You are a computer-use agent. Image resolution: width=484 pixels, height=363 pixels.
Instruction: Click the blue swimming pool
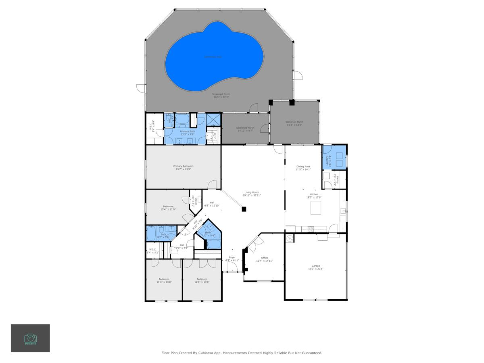pos(214,56)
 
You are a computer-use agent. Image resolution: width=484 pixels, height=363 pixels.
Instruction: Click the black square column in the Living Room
pos(244,209)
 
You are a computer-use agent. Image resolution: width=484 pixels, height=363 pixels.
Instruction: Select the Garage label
pos(315,266)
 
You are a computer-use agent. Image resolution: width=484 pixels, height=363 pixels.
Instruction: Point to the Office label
pos(265,258)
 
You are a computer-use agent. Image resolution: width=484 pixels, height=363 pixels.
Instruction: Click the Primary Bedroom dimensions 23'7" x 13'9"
pos(183,169)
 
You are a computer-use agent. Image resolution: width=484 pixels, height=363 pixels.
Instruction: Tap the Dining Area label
pos(303,167)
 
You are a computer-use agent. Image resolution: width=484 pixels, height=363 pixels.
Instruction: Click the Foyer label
pos(232,257)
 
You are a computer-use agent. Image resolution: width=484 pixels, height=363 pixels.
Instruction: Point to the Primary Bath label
pos(187,131)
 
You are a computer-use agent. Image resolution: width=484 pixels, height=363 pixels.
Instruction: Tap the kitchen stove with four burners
pos(311,229)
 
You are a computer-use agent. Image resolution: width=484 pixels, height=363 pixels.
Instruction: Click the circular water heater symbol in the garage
pos(290,239)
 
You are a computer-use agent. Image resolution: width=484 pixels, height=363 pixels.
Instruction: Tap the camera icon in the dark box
pos(30,338)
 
